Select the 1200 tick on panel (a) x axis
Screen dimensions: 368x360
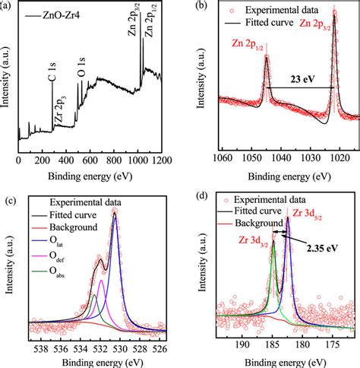(x=160, y=162)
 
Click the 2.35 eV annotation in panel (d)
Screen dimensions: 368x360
(x=323, y=248)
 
